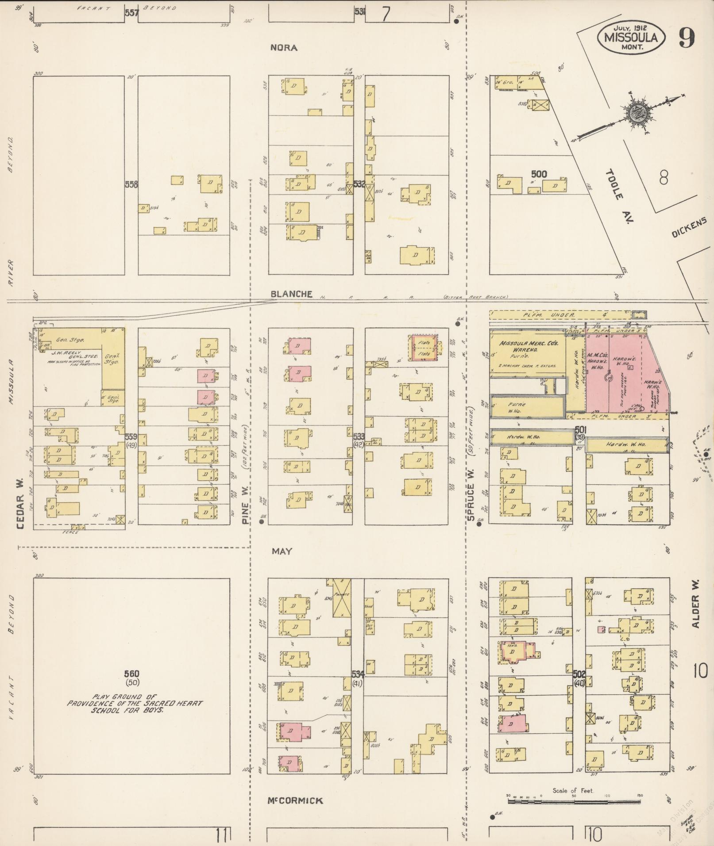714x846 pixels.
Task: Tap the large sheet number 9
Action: point(687,38)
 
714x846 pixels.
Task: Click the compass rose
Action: point(637,114)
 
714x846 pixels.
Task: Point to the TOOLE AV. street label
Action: point(618,198)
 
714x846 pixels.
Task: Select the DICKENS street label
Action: point(689,229)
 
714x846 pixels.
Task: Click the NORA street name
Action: point(284,48)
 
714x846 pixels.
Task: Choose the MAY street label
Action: point(282,551)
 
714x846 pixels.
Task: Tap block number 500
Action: point(539,174)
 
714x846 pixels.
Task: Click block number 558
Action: point(131,184)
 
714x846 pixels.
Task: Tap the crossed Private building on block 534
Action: point(342,598)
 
